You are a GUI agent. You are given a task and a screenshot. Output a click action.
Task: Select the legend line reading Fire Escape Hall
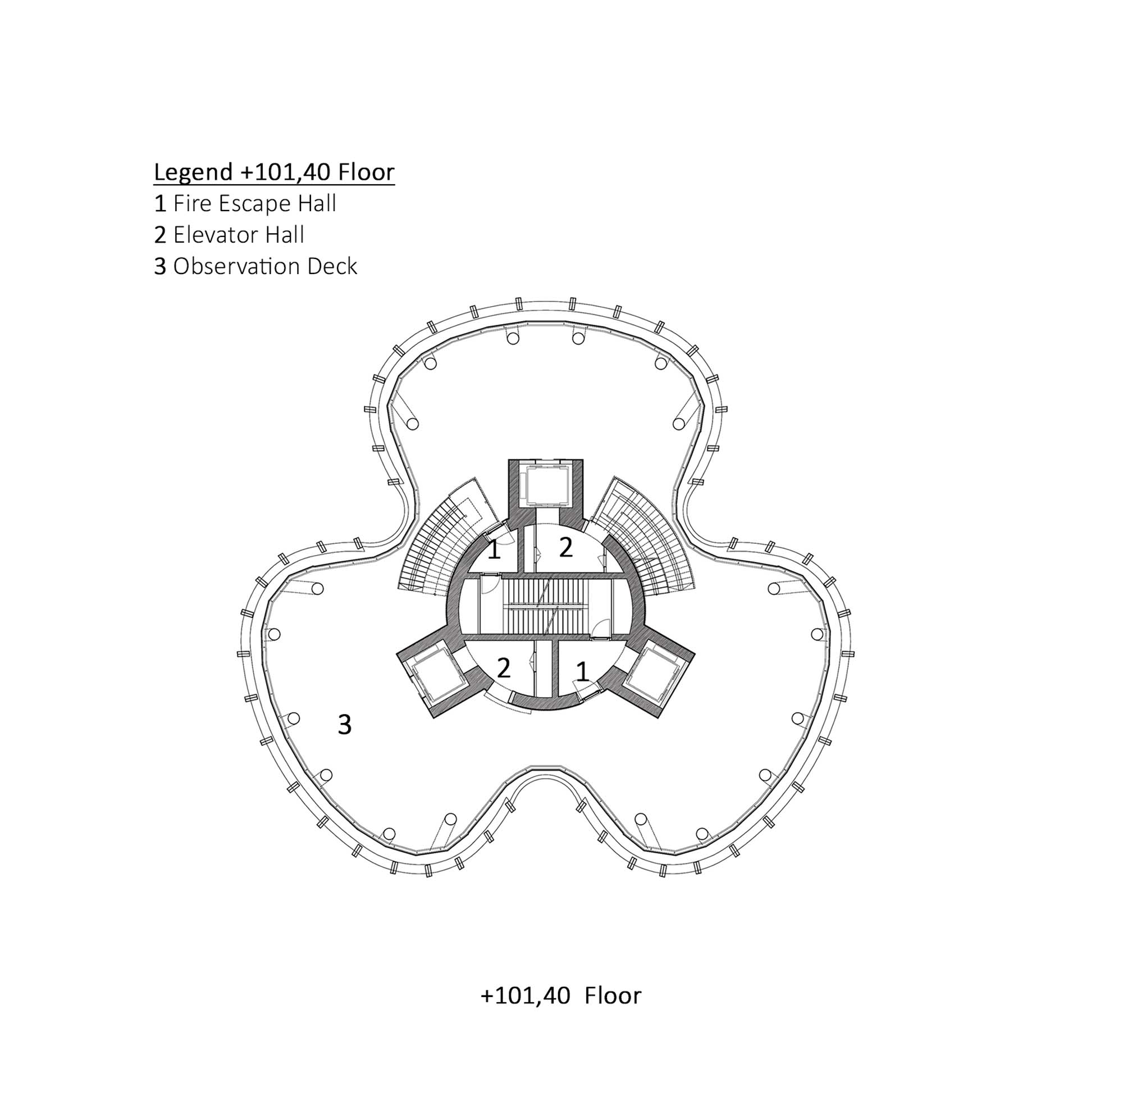click(245, 204)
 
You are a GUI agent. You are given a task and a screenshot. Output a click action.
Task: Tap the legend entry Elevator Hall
click(229, 235)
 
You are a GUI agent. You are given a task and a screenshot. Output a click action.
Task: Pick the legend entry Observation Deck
click(255, 267)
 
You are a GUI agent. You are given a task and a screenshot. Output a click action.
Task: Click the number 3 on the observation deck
click(345, 725)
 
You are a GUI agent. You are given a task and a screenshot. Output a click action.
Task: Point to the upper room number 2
click(565, 547)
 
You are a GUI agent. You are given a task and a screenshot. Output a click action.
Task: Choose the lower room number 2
click(503, 668)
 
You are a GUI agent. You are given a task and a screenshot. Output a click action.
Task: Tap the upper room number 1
click(494, 550)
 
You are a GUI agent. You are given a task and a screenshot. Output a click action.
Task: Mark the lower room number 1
click(582, 672)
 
